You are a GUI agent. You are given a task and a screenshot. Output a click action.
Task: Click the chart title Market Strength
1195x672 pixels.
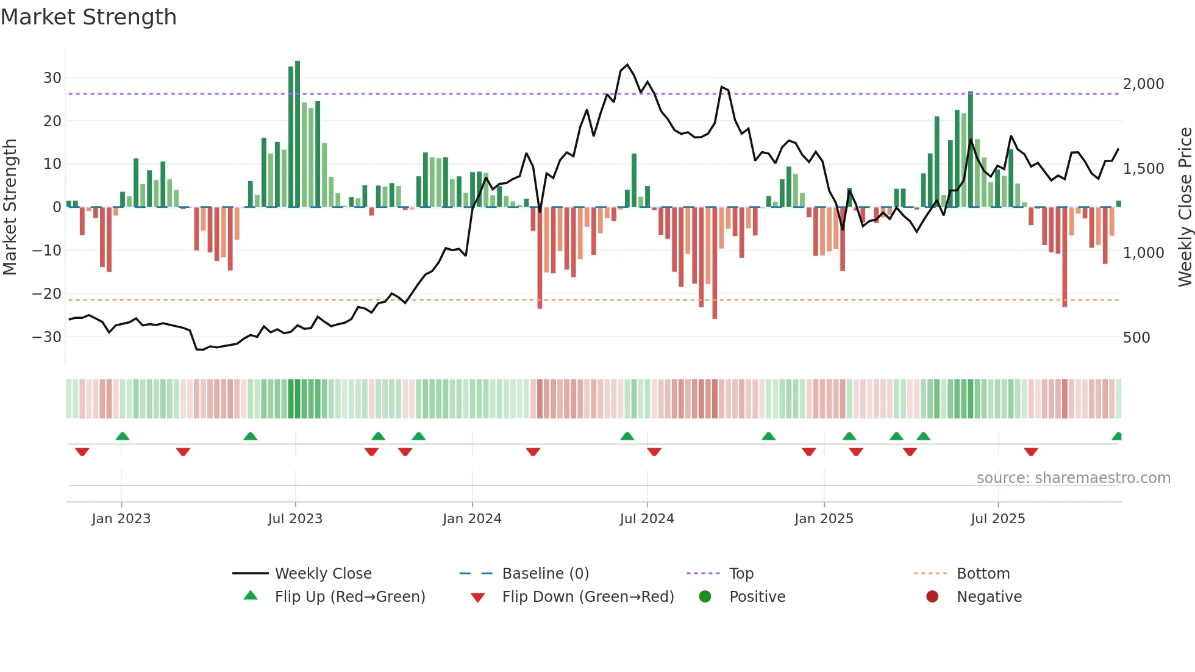[x=88, y=17]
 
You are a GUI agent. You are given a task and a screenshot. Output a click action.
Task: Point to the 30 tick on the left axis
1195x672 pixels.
[x=52, y=78]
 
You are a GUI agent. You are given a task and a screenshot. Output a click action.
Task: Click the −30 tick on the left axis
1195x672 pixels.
[x=47, y=337]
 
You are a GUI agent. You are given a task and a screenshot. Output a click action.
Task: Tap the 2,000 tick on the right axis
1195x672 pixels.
[x=1143, y=84]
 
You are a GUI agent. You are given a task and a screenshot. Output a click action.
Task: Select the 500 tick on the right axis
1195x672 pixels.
[x=1136, y=338]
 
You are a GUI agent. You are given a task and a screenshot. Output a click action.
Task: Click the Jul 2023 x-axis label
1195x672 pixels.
[x=295, y=519]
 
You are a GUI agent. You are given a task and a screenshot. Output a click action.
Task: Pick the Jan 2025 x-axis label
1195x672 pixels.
[x=824, y=519]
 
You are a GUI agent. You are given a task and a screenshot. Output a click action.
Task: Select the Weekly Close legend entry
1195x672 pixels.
[x=323, y=574]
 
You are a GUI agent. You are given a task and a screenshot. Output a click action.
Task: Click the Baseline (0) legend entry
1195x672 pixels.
[x=545, y=574]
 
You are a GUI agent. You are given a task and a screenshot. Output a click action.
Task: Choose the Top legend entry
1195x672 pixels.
[x=741, y=574]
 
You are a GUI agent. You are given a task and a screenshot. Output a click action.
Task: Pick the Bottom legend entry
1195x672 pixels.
[x=983, y=574]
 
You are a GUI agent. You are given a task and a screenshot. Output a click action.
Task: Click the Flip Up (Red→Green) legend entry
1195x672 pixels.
[x=349, y=597]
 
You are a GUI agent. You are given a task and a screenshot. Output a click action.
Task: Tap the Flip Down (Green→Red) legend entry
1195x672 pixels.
[x=588, y=597]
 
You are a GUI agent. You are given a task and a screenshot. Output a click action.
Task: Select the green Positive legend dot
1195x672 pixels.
[x=705, y=597]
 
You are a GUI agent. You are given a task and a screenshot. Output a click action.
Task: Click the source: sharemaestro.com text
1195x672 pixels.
[x=1073, y=478]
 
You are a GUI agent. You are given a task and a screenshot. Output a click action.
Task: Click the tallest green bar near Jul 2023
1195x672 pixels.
[x=298, y=134]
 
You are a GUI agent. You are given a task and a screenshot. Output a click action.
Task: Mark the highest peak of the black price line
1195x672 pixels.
[x=627, y=65]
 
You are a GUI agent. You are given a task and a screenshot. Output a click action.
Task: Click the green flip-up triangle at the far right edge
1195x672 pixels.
[x=1117, y=437]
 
